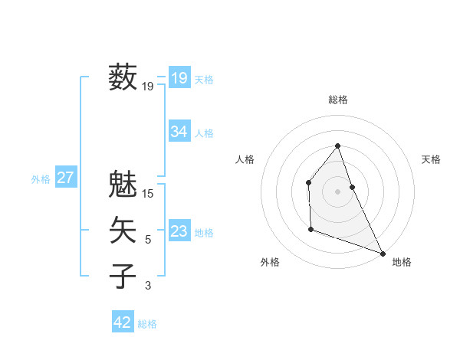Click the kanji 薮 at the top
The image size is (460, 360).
(x=123, y=77)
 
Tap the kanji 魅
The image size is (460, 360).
(x=123, y=184)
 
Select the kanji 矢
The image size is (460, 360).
(x=123, y=230)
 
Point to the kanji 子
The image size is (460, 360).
(x=123, y=276)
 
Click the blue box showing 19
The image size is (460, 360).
(x=179, y=77)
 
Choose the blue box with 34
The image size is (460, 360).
(x=179, y=132)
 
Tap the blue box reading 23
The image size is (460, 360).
(x=179, y=231)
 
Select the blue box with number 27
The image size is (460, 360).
(x=65, y=178)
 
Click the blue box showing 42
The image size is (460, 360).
(x=123, y=322)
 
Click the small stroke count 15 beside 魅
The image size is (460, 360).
(x=149, y=194)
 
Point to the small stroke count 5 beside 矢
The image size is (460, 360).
(x=148, y=240)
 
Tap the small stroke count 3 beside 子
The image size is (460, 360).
(x=148, y=286)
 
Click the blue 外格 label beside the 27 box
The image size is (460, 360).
(x=41, y=179)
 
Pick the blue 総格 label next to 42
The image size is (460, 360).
(x=147, y=324)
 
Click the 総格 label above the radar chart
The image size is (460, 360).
(x=337, y=100)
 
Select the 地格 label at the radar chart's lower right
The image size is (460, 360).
(x=402, y=262)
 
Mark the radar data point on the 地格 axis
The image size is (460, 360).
(x=383, y=253)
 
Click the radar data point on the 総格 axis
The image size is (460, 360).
(x=337, y=146)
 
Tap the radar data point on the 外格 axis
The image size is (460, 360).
(x=310, y=229)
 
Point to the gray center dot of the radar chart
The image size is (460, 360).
(x=337, y=191)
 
